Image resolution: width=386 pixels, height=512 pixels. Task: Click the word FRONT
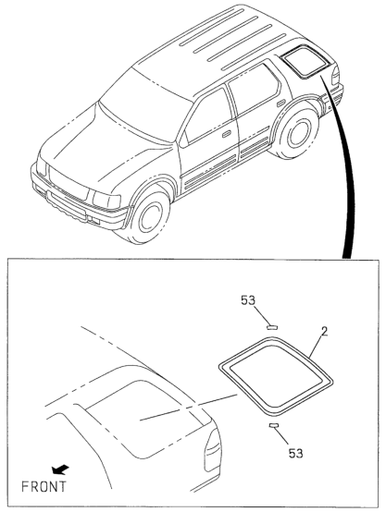tap(44, 486)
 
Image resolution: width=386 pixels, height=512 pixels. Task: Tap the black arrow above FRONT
tap(60, 469)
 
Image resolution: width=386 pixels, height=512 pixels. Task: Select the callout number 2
tap(324, 332)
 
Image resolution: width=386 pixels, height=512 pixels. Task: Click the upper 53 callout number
tap(248, 300)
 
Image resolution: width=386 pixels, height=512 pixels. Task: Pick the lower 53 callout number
tap(295, 454)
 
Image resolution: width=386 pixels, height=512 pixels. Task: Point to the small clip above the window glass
tap(272, 327)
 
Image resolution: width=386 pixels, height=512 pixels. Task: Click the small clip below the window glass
tap(273, 425)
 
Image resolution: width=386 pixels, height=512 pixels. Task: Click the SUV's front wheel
tap(148, 217)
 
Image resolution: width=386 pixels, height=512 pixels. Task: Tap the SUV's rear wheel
tap(297, 133)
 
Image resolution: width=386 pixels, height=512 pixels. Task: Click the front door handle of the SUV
tap(227, 134)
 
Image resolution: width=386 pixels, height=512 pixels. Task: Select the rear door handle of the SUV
tap(281, 104)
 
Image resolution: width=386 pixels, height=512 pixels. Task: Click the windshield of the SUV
tap(143, 104)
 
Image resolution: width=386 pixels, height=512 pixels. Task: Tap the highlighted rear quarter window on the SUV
tap(305, 62)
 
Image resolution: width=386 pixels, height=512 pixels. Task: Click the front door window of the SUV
tap(208, 115)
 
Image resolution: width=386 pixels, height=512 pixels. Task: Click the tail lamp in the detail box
tap(213, 450)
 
